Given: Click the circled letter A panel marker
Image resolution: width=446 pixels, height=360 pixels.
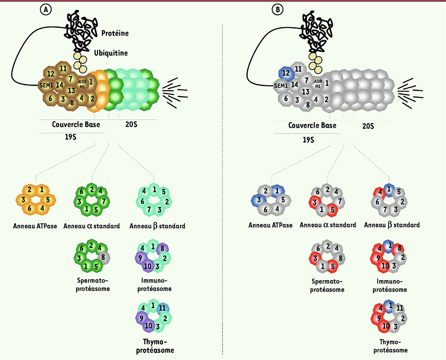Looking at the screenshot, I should coord(46,10).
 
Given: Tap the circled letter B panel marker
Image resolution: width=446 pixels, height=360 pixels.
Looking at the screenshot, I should coord(277,10).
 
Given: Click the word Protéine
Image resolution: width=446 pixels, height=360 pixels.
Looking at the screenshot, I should coord(115,33).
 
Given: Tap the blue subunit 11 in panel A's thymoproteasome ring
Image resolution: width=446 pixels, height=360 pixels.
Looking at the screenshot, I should coord(163,308).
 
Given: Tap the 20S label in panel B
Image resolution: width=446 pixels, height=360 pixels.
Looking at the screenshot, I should coord(368,126).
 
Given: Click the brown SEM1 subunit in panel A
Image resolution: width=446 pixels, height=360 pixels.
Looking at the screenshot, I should coord(46,85).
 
